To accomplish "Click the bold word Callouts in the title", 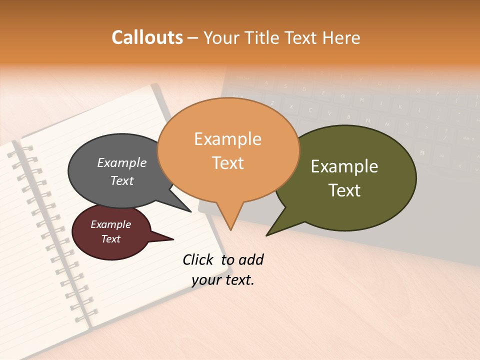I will [147, 37].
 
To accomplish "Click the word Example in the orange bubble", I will [227, 139].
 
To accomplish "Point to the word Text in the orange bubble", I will [227, 163].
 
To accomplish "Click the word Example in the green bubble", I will [344, 166].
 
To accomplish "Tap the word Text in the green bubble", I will [344, 190].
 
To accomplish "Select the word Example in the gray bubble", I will [122, 162].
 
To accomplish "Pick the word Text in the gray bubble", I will [122, 180].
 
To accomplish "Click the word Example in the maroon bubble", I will [110, 224].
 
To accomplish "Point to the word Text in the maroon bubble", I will [110, 239].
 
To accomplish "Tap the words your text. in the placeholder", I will [223, 280].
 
